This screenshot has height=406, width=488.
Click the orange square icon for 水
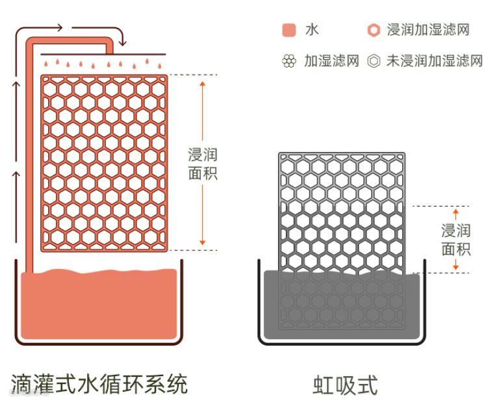click(290, 31)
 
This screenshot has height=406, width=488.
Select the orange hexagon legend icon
click(373, 31)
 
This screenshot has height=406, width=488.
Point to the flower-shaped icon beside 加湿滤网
click(289, 62)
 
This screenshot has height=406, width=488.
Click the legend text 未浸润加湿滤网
click(434, 62)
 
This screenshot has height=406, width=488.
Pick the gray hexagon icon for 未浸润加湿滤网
click(373, 62)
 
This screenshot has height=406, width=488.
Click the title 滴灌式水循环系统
click(99, 384)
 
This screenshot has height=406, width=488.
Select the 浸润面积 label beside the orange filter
click(202, 164)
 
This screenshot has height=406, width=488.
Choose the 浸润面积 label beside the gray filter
click(456, 239)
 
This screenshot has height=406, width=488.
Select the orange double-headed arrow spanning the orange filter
click(202, 117)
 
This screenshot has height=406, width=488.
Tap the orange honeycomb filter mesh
click(104, 162)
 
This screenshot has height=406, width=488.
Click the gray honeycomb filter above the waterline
click(341, 208)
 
